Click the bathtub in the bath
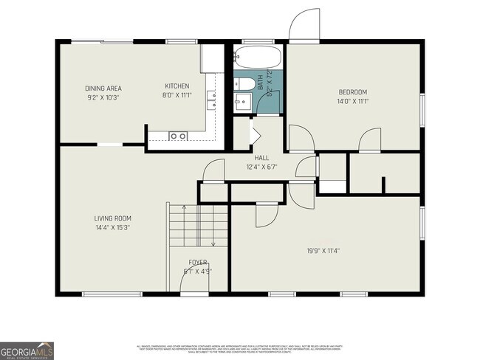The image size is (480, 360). pyautogui.click(x=256, y=58)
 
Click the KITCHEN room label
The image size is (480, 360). pyautogui.click(x=176, y=86)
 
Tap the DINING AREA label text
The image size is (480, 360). pyautogui.click(x=103, y=88)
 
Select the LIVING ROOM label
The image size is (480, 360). pyautogui.click(x=112, y=218)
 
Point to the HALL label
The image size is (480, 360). pyautogui.click(x=261, y=158)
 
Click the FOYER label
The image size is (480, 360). pyautogui.click(x=197, y=262)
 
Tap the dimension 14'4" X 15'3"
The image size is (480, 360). pyautogui.click(x=112, y=227)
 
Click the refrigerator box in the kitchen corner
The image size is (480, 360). pyautogui.click(x=211, y=58)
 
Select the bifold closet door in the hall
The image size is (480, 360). pyautogui.click(x=255, y=136)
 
